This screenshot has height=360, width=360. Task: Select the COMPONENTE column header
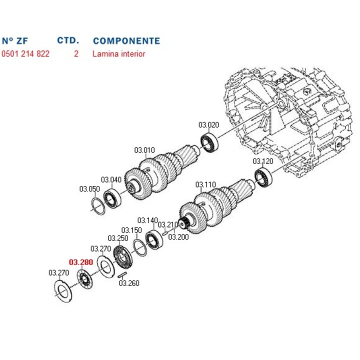(126, 41)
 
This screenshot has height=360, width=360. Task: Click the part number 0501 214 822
(25, 53)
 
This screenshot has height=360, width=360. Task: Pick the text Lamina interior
(118, 53)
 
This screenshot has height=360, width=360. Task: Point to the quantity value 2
(76, 53)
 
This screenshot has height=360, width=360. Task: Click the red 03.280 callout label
(81, 261)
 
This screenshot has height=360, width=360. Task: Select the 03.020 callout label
(208, 125)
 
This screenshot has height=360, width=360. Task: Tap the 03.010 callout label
(144, 150)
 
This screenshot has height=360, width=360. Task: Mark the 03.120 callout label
(263, 161)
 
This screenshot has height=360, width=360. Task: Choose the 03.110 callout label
(205, 184)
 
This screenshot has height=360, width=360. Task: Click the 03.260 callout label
(129, 283)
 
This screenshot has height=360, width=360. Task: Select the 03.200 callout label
(178, 236)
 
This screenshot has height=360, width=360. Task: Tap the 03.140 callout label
(147, 220)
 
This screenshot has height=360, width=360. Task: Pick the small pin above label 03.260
(121, 274)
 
